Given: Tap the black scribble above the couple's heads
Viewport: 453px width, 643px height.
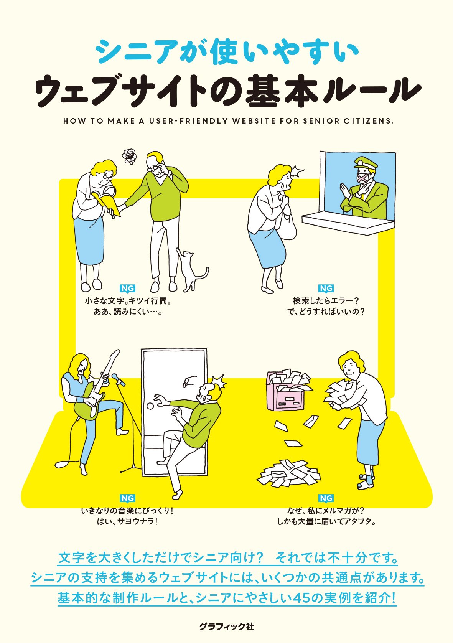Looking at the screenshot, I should (129, 157).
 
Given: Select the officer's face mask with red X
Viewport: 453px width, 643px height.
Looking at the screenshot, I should (363, 179).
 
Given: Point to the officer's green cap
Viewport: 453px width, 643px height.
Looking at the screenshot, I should (365, 163).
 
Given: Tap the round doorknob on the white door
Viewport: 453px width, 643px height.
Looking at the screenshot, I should (150, 406).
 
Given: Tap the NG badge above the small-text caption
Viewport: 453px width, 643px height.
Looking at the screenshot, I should (127, 289).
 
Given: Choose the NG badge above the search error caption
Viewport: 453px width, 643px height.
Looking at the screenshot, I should (326, 289).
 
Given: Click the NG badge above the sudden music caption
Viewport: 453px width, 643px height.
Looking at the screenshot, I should (127, 498).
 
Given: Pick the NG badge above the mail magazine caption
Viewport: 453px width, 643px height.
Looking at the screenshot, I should (326, 498).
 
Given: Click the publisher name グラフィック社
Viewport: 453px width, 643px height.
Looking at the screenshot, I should (226, 627).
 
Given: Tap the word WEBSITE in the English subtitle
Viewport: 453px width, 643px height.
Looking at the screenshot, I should (254, 121).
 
